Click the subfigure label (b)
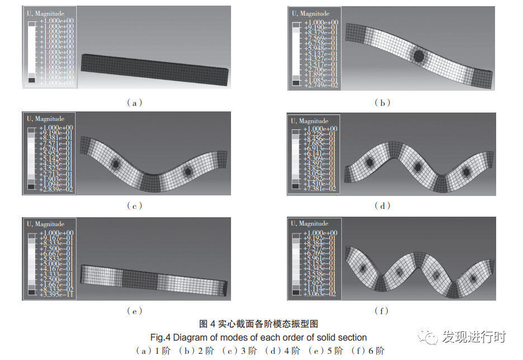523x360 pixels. [x=383, y=102]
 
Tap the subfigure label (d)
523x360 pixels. [x=383, y=205]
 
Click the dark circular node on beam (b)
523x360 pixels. [x=419, y=55]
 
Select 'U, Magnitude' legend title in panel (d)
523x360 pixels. [x=309, y=121]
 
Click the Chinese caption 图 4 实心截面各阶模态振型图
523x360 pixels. [x=259, y=324]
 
